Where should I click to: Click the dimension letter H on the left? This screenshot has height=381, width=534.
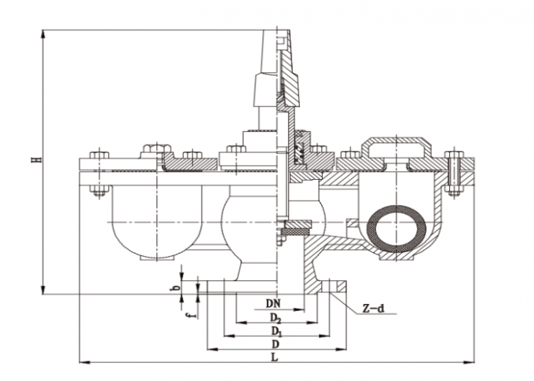(35, 160)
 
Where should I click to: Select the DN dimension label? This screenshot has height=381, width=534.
(272, 302)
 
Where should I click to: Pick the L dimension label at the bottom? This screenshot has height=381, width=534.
(276, 357)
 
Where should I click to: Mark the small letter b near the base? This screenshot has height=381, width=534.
(177, 288)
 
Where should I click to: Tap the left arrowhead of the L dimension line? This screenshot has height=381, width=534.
(82, 362)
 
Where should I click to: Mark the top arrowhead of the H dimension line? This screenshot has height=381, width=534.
(42, 33)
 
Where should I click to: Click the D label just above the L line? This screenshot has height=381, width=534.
(274, 344)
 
